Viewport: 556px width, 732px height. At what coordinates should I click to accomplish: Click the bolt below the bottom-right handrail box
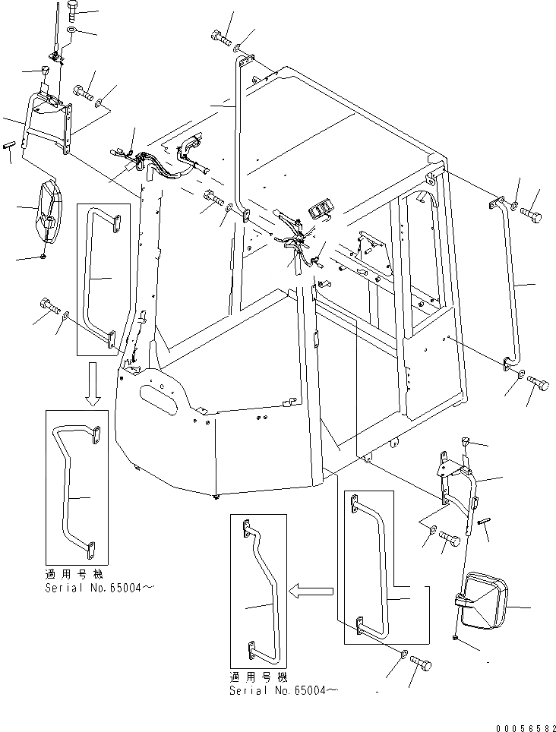tap(422, 663)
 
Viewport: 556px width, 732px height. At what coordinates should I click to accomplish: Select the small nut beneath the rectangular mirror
tap(454, 639)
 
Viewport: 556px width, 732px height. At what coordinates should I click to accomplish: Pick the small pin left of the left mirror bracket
tap(11, 144)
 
